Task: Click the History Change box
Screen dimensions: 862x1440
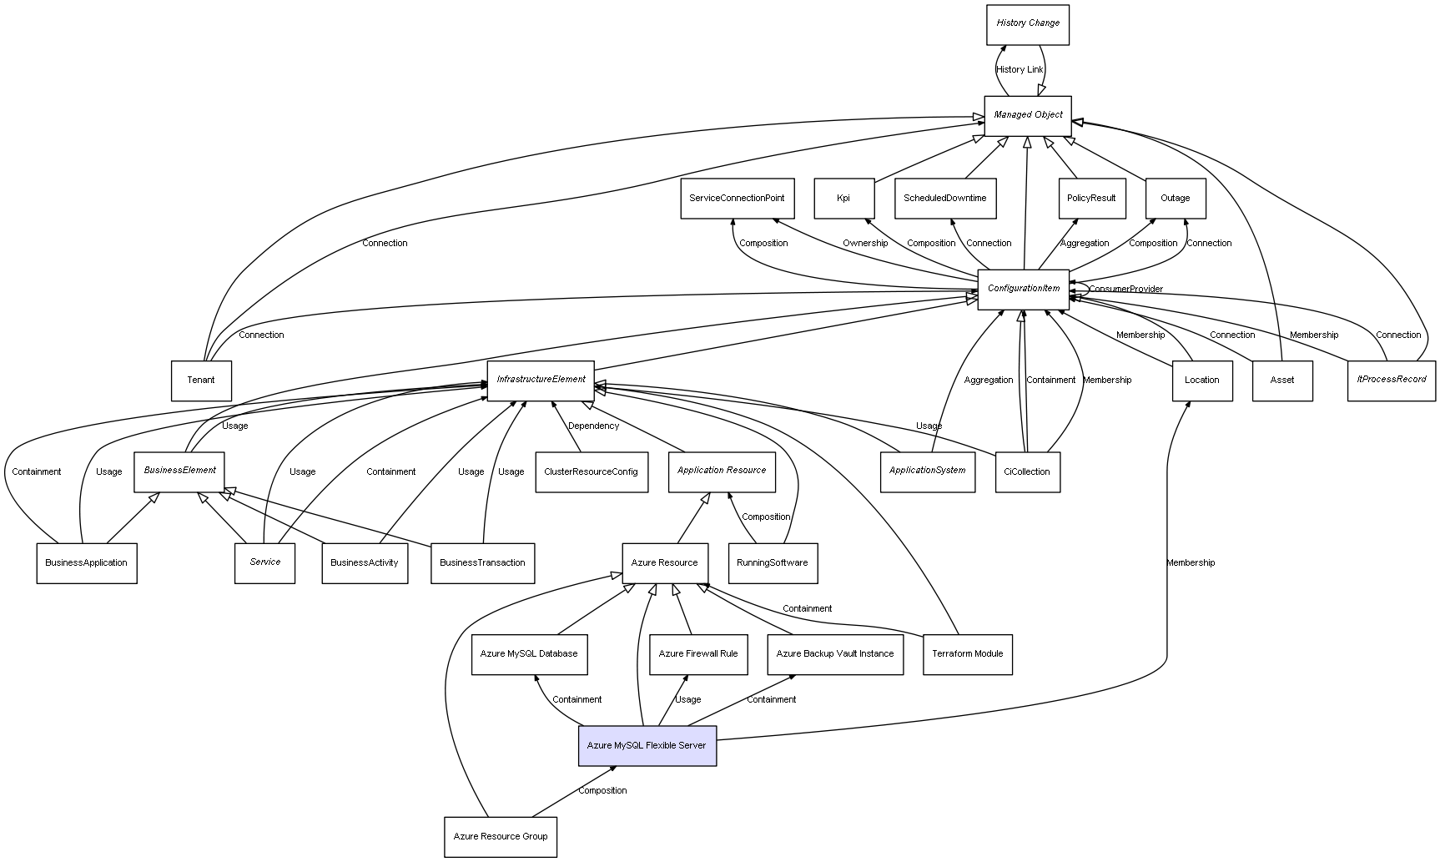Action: coord(1027,24)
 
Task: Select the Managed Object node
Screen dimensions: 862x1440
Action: coord(1027,115)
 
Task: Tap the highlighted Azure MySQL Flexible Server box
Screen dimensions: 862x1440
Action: coord(647,745)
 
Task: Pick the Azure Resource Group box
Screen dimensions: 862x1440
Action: coord(501,836)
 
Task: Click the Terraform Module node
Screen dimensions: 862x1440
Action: coord(967,654)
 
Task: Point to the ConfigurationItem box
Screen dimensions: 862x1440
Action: coord(1023,289)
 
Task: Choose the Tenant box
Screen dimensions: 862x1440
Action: coord(201,381)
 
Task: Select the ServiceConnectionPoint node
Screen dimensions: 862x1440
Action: coord(736,199)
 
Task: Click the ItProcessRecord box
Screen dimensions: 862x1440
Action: coord(1391,381)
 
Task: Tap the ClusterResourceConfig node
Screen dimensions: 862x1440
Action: coord(591,472)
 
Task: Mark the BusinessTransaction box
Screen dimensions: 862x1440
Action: coord(482,563)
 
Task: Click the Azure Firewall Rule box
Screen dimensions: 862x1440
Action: coord(697,654)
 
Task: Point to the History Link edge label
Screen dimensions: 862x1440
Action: coord(1019,70)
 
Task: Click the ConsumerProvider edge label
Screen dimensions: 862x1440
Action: coord(1125,290)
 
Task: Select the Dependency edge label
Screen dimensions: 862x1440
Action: coord(593,426)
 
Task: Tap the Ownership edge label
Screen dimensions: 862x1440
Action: coord(865,244)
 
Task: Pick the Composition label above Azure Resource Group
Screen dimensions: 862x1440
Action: coord(602,791)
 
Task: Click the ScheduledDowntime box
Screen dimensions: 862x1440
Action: coord(944,199)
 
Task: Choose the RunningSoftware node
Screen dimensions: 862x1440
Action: coord(772,563)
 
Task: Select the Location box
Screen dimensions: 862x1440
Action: coord(1201,381)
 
